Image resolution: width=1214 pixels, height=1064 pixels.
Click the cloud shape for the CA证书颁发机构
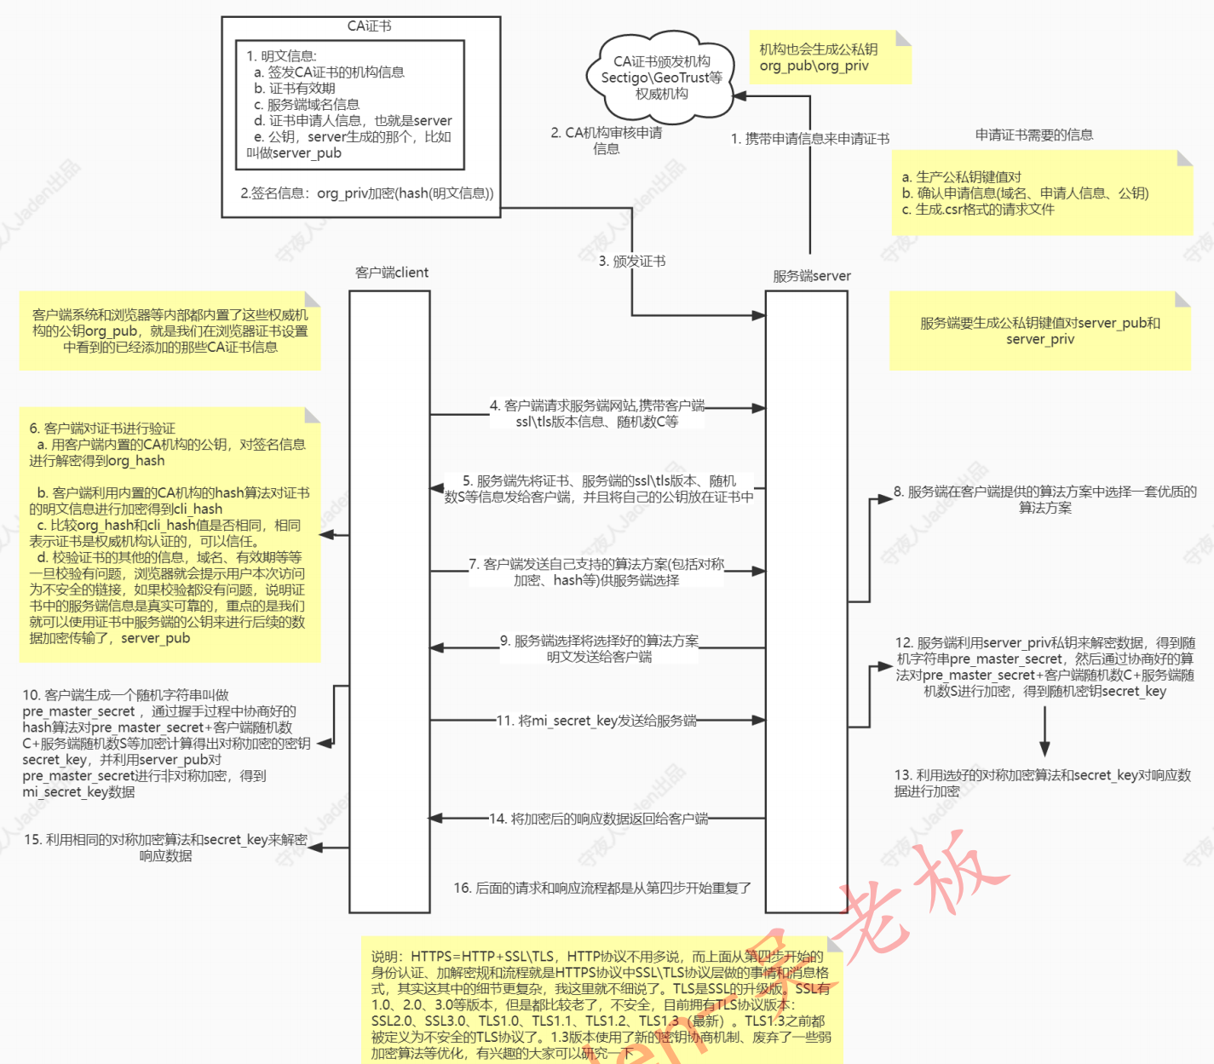tap(661, 78)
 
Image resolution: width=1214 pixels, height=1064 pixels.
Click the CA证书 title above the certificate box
tap(369, 26)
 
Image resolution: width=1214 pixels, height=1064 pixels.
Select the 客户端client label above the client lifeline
tap(392, 273)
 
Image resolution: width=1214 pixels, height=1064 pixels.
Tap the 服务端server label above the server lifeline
tap(811, 276)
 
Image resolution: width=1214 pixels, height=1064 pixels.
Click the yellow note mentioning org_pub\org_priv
tap(830, 58)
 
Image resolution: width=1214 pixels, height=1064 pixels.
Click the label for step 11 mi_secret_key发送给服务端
tap(596, 721)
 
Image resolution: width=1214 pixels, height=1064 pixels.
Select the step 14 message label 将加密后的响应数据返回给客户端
tap(598, 819)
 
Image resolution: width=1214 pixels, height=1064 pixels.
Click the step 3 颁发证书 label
tap(632, 261)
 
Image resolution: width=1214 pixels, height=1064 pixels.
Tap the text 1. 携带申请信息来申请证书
tap(809, 139)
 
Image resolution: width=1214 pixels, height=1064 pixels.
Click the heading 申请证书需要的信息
tap(1034, 135)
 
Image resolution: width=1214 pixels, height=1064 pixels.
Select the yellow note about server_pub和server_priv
tap(1039, 331)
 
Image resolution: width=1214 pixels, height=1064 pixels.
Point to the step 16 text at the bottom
tap(602, 888)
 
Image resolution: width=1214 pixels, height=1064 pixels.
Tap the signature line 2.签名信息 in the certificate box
tap(367, 193)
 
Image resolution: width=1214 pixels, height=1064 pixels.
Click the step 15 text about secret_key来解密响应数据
tap(166, 848)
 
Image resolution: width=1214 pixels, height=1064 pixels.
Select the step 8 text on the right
tap(1045, 499)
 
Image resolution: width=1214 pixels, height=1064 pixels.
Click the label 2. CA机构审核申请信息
tap(607, 141)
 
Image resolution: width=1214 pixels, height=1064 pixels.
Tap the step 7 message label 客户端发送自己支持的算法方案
tap(596, 572)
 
